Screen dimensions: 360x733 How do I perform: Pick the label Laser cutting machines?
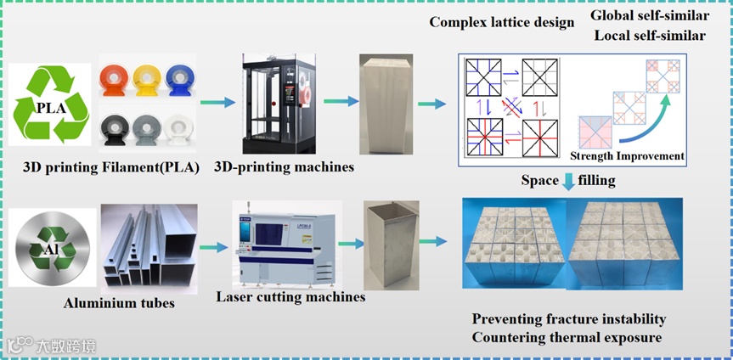[x=290, y=297]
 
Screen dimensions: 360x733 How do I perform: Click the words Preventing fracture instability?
[x=569, y=319]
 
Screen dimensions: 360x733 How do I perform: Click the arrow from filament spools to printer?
[x=222, y=103]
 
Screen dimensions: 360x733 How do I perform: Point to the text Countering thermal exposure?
[x=568, y=338]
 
